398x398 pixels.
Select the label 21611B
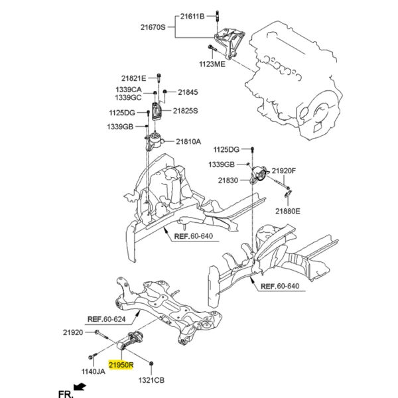(192, 14)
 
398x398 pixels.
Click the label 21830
(230, 180)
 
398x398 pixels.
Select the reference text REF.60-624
(107, 318)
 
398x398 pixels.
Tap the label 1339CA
(129, 89)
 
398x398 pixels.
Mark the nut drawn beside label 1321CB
(153, 364)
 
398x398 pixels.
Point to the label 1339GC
(129, 98)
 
